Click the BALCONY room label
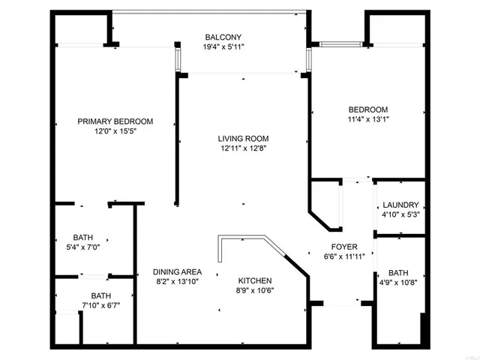click(x=223, y=37)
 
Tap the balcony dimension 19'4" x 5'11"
click(x=223, y=47)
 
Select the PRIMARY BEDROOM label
click(x=115, y=121)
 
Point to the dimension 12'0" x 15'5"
click(x=115, y=131)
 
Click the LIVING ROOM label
click(x=243, y=139)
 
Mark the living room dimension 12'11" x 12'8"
click(x=243, y=148)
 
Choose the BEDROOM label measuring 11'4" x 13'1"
click(x=367, y=109)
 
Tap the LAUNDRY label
click(x=400, y=205)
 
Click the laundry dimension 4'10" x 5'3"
click(x=400, y=215)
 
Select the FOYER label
click(x=345, y=247)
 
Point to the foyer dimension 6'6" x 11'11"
click(x=345, y=256)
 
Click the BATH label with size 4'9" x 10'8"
click(x=398, y=273)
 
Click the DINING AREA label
click(x=177, y=272)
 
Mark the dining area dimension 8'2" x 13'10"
click(x=177, y=282)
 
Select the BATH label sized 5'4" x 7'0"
click(x=83, y=237)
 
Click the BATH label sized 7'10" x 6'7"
click(x=100, y=295)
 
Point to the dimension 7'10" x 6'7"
click(x=100, y=305)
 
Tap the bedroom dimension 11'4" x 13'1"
click(x=367, y=118)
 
